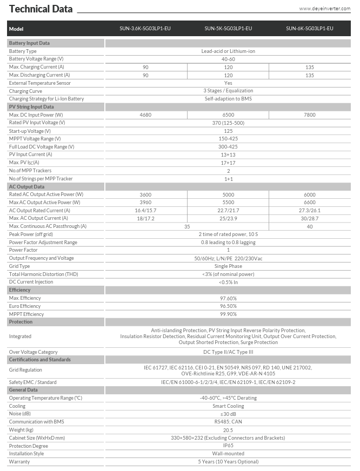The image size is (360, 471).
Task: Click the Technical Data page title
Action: (41, 9)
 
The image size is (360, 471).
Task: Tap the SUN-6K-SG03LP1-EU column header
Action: (309, 29)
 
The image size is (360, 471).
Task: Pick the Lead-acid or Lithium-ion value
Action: (228, 51)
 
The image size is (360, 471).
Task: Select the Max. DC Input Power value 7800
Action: (309, 115)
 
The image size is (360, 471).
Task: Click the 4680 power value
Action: (146, 115)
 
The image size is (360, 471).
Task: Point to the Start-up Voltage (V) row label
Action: (30, 131)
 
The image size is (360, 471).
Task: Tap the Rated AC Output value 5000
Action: (228, 194)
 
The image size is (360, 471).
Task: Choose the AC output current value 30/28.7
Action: (309, 218)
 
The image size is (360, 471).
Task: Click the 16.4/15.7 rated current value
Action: (146, 210)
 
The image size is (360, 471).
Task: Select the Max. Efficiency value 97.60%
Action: (228, 298)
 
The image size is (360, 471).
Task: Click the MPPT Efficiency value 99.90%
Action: (228, 314)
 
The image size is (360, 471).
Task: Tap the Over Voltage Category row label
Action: (33, 352)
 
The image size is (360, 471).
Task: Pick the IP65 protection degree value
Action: (228, 446)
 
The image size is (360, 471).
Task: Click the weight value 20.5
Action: (228, 430)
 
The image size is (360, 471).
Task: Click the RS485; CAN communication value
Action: (228, 422)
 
